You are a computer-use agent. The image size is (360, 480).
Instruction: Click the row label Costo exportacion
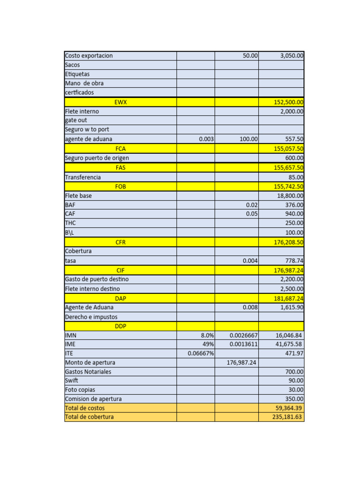coord(89,56)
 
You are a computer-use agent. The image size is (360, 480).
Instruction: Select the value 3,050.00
coord(292,56)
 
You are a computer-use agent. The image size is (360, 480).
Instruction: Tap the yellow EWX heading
coord(120,102)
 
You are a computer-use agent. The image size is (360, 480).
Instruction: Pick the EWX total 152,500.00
coord(288,102)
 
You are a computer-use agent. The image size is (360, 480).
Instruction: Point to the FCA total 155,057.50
coord(288,149)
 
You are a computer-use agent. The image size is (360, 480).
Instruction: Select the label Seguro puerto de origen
coord(97,158)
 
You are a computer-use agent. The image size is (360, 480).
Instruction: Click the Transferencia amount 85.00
coord(296,178)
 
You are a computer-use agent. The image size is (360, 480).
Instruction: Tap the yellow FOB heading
coord(120,187)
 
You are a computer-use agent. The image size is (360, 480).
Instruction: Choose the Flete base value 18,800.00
coord(290,196)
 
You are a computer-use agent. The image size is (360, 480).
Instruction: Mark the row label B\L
coord(70,232)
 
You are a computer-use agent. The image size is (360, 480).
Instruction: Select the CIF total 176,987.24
coord(288,270)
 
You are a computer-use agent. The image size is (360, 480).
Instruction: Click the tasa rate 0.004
coord(250,261)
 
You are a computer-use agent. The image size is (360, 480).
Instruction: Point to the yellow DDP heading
coord(120,326)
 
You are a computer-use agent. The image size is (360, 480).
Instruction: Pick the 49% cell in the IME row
coord(208,344)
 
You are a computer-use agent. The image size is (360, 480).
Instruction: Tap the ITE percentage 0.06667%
coord(201,353)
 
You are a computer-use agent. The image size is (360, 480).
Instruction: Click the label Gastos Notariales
coord(88,372)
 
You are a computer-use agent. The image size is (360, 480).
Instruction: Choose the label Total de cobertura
coord(89,417)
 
